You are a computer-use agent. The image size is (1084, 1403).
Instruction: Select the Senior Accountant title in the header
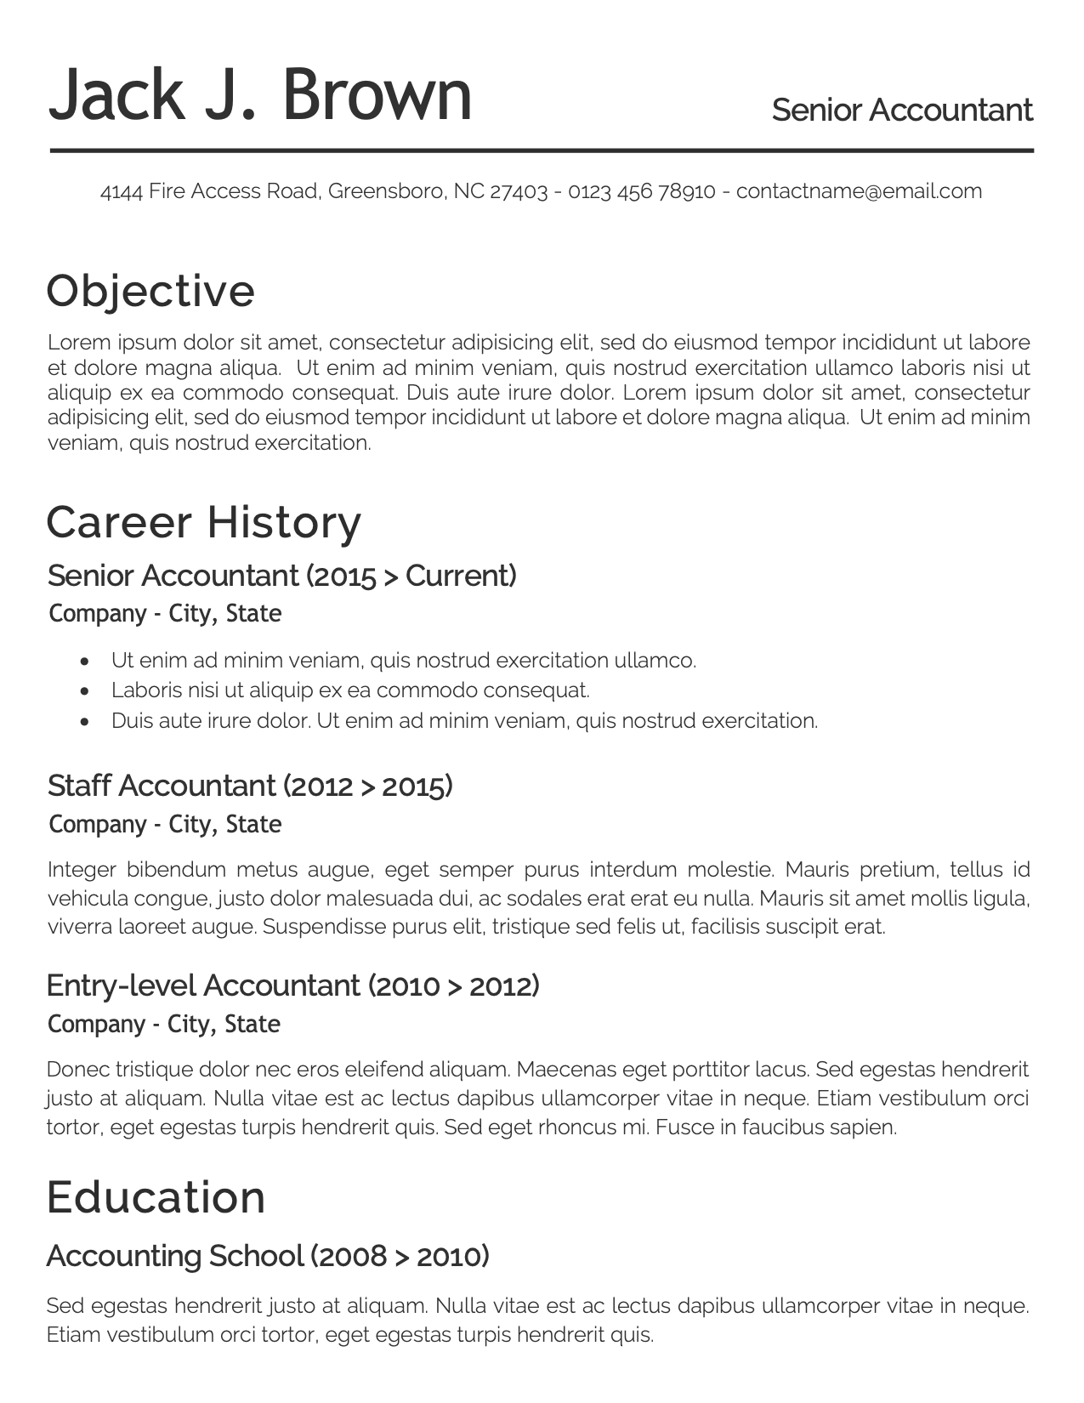tap(901, 111)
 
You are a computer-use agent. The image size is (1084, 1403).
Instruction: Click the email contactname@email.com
tap(859, 190)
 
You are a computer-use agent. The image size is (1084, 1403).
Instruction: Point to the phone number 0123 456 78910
tap(642, 190)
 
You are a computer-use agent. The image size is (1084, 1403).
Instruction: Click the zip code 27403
tap(518, 190)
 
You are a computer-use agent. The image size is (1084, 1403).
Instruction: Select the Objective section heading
tap(150, 291)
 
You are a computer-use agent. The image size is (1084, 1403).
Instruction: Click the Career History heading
tap(204, 522)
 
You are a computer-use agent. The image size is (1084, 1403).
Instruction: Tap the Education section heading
tap(156, 1197)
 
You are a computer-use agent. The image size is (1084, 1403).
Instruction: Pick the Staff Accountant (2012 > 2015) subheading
tap(250, 786)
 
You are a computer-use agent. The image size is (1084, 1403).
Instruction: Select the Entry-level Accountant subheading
tap(292, 986)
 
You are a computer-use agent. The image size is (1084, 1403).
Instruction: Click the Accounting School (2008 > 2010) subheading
tap(268, 1256)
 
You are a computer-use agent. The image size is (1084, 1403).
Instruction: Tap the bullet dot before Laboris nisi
tap(84, 691)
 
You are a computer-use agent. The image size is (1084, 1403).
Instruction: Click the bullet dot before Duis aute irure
tap(84, 722)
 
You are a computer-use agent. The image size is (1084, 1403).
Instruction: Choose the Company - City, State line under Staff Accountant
tap(165, 824)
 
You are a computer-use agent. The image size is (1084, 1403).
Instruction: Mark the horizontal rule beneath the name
tap(542, 151)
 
